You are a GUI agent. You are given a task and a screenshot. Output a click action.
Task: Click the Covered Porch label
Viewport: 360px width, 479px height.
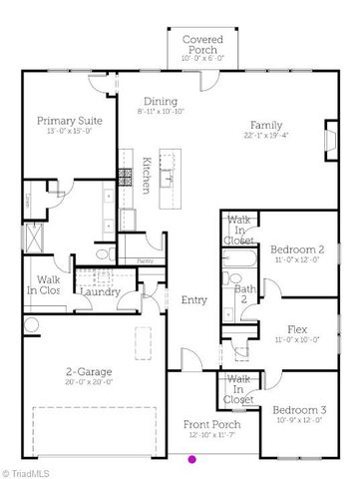(202, 44)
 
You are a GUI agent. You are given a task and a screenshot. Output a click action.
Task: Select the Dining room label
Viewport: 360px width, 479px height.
(160, 101)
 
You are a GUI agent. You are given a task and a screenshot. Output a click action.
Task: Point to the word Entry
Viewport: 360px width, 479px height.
(193, 299)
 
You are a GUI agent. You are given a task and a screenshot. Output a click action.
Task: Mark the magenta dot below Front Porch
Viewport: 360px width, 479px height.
(192, 460)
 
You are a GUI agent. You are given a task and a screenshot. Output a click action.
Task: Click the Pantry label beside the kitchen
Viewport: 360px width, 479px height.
(145, 261)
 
